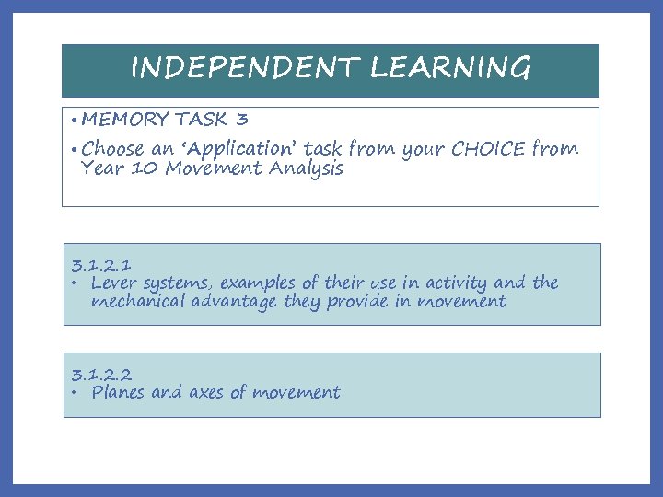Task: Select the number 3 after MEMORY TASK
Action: click(x=241, y=120)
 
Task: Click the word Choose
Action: click(x=113, y=148)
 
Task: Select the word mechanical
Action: click(x=138, y=302)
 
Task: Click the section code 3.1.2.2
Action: click(x=101, y=375)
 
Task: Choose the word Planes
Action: click(x=117, y=393)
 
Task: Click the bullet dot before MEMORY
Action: click(x=72, y=121)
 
